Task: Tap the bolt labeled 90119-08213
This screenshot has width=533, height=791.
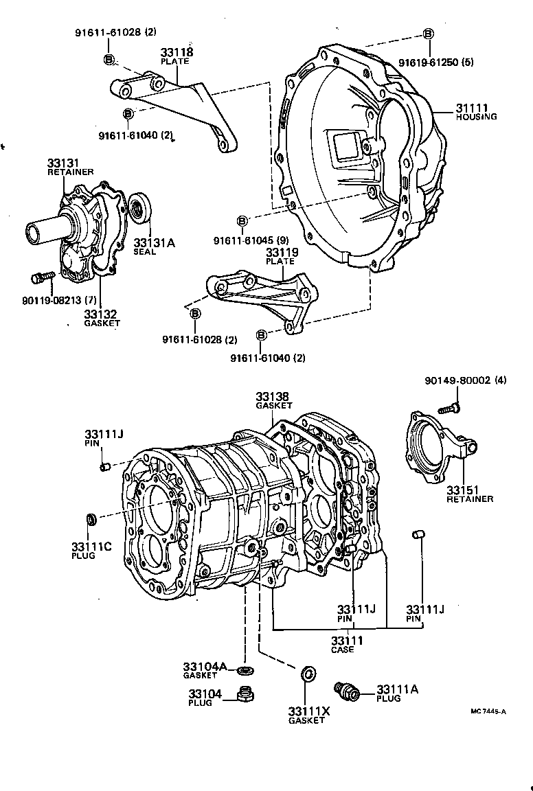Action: tap(41, 277)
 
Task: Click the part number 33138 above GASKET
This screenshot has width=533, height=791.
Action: tap(273, 396)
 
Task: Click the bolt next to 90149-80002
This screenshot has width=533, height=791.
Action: tap(450, 408)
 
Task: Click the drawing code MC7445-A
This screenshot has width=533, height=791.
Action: tap(488, 711)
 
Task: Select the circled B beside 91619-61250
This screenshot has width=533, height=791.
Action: tap(428, 34)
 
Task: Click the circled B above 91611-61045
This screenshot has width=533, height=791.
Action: tap(242, 220)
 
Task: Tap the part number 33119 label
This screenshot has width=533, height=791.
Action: tap(281, 253)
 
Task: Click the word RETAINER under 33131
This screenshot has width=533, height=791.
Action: tap(70, 172)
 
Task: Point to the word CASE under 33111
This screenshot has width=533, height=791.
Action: tap(342, 650)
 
